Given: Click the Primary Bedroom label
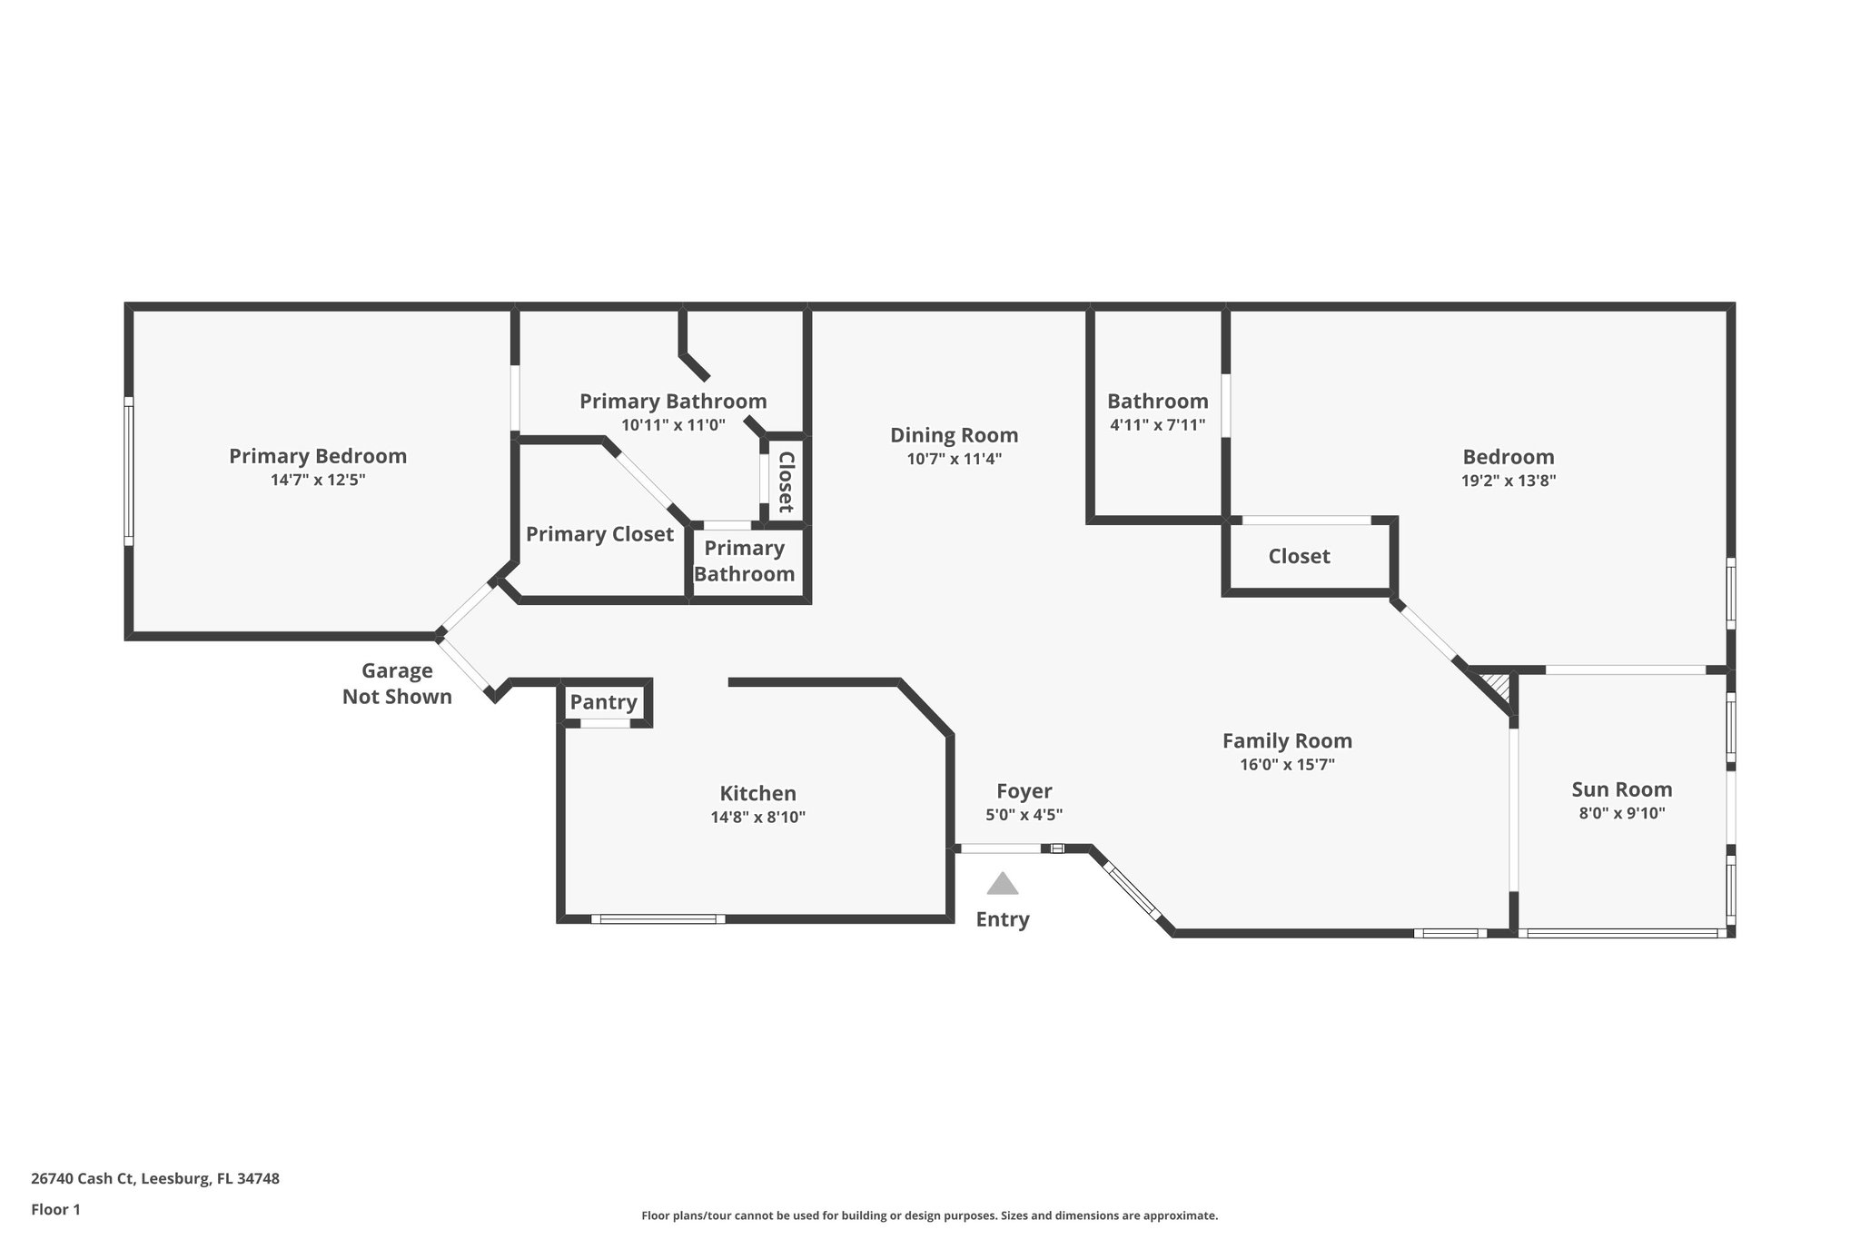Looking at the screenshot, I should [x=317, y=456].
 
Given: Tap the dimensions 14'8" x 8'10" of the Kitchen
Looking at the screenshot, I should [x=757, y=817].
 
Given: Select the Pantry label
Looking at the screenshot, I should [x=603, y=702].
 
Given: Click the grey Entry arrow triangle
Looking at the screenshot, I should [x=1003, y=884].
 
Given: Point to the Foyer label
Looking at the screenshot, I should [x=1024, y=791].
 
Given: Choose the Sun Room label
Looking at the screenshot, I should [x=1621, y=789].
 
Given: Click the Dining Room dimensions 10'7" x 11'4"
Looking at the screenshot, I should [x=954, y=460].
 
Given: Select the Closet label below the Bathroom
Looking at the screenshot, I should [x=1299, y=556].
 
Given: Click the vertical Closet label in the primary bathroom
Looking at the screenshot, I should [x=786, y=481].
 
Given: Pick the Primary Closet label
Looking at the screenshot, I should [x=599, y=534].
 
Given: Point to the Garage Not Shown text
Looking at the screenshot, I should [x=397, y=683].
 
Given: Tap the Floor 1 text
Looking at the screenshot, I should [x=55, y=1209].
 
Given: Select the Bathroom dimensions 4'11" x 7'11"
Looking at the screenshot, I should [x=1157, y=424].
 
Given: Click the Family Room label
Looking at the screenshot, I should [x=1287, y=740].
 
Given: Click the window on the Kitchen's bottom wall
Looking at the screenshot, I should [x=658, y=919].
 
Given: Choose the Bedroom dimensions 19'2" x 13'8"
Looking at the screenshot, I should [x=1508, y=481].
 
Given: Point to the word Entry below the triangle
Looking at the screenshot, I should [x=1003, y=919].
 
